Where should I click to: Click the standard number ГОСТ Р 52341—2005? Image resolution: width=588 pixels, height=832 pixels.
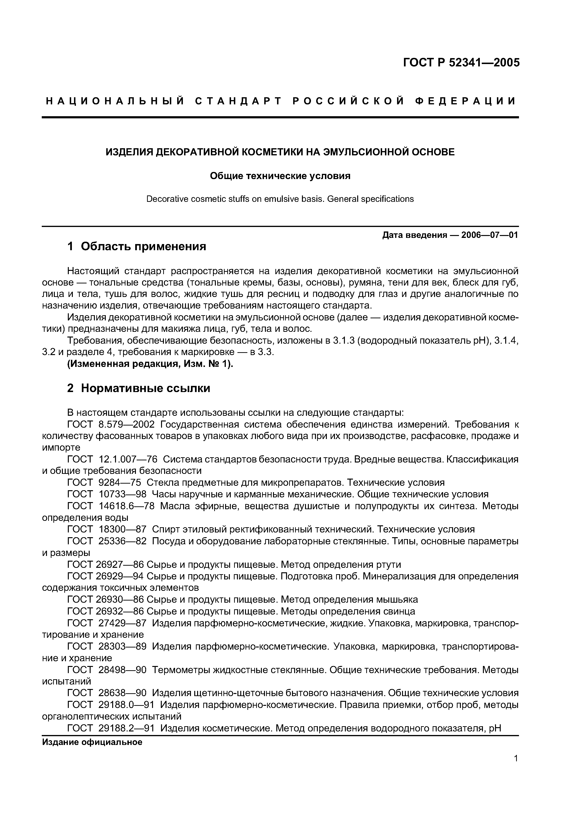461,63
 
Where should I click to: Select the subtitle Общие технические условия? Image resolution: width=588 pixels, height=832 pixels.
280,176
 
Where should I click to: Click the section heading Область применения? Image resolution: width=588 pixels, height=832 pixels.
143,247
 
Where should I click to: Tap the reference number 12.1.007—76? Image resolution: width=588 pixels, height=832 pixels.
128,459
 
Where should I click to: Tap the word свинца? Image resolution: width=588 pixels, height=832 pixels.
399,611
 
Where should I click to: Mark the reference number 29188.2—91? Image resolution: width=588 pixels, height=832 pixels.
126,728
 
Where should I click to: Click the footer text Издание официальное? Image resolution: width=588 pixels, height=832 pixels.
92,742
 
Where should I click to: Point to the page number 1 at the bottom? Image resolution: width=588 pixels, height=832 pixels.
516,769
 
